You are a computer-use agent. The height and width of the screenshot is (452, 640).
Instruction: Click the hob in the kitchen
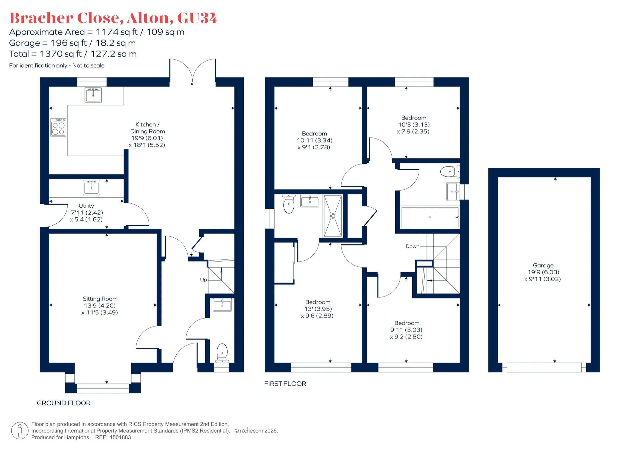pyautogui.click(x=58, y=127)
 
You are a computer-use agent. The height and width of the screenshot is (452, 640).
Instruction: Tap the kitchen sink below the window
pyautogui.click(x=93, y=95)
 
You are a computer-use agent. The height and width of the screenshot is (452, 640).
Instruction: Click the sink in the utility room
pyautogui.click(x=91, y=187)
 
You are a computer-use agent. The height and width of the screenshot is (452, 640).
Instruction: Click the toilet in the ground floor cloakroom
pyautogui.click(x=222, y=353)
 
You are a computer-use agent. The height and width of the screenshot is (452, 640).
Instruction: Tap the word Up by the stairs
pyautogui.click(x=203, y=280)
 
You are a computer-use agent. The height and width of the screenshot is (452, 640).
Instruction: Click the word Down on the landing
pyautogui.click(x=412, y=246)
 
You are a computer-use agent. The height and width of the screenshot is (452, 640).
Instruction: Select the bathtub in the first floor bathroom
pyautogui.click(x=430, y=217)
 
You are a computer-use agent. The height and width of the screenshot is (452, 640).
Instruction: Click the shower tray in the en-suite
pyautogui.click(x=333, y=216)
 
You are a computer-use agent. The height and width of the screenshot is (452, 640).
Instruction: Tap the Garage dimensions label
pyautogui.click(x=543, y=272)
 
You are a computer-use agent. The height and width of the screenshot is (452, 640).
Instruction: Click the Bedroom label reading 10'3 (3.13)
pyautogui.click(x=414, y=124)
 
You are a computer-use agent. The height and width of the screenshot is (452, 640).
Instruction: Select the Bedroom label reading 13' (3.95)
pyautogui.click(x=318, y=309)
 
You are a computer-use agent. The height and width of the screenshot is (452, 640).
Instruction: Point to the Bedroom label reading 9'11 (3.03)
pyautogui.click(x=407, y=330)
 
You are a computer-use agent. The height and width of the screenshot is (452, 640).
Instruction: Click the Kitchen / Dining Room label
pyautogui.click(x=147, y=134)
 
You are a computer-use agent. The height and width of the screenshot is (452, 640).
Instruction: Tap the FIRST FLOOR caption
pyautogui.click(x=285, y=384)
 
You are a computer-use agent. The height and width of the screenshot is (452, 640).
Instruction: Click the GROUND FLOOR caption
pyautogui.click(x=64, y=403)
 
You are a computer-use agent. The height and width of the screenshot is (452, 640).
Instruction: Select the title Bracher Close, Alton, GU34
pyautogui.click(x=113, y=18)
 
